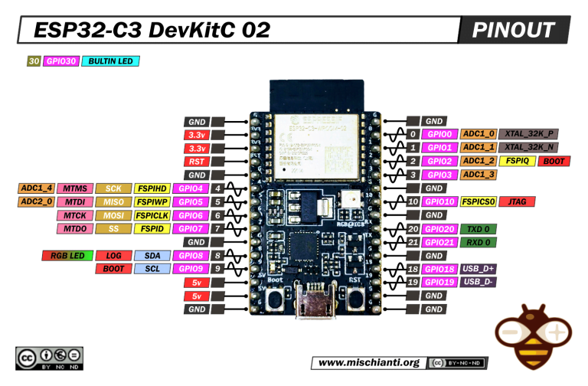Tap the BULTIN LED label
pos(113,61)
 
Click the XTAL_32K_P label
pos(528,134)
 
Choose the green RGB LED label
pos(67,255)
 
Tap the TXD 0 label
pos(478,228)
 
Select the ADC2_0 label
pos(37,201)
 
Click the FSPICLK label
pos(152,215)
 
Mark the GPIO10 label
pos(439,201)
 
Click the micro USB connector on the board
pos(315,301)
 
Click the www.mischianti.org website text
pos(368,362)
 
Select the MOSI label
pos(113,215)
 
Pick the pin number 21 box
pos(413,242)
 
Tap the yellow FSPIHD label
pos(152,188)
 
